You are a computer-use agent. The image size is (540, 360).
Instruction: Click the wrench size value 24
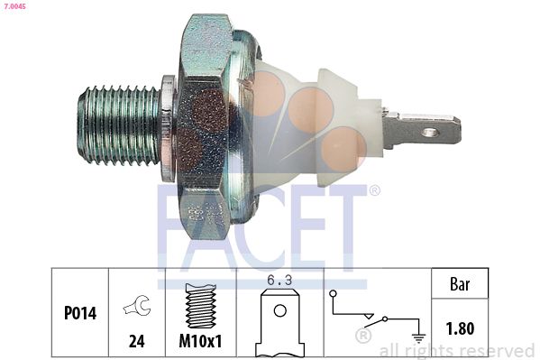point(136,342)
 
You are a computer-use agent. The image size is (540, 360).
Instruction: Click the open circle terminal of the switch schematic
point(334,294)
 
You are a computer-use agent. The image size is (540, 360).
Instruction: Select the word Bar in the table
point(461,284)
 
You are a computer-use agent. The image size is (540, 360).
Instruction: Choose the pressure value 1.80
point(461,329)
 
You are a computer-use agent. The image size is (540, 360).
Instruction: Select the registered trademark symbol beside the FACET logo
point(374,190)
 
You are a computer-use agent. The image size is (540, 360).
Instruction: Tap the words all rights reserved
point(457,350)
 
